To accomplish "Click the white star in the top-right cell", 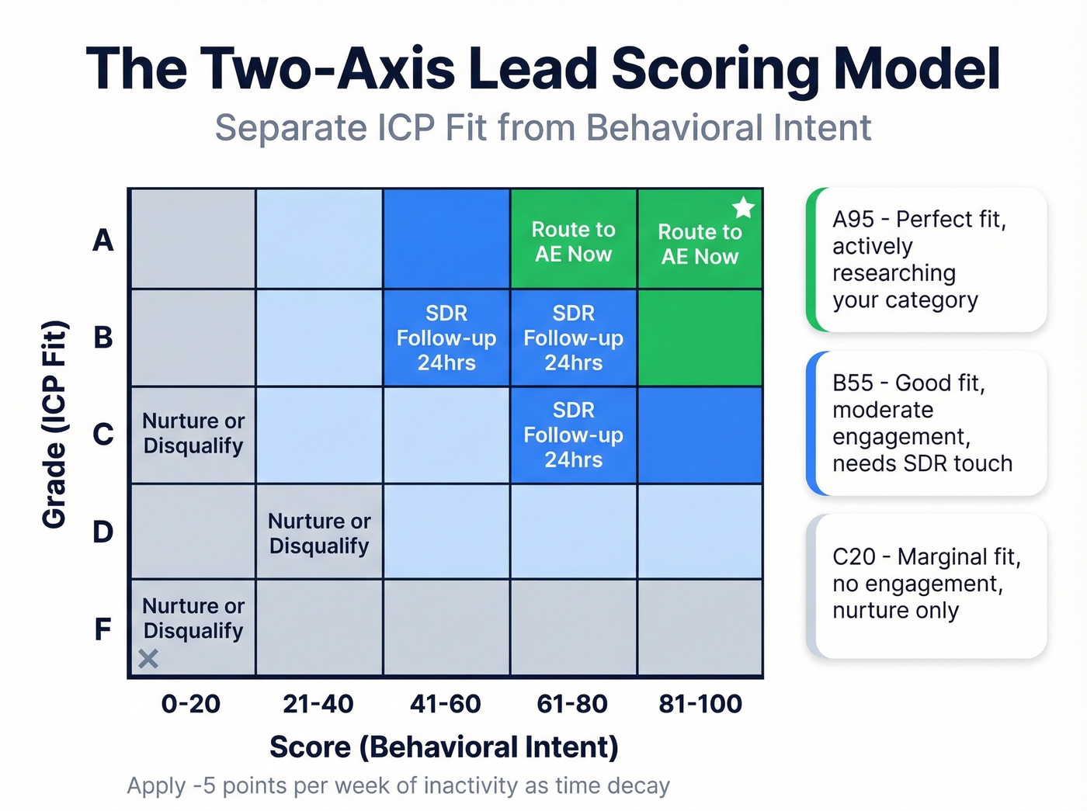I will (743, 207).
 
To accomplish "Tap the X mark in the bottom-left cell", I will (148, 659).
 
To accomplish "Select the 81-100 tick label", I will (700, 704).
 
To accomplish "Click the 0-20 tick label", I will (191, 704).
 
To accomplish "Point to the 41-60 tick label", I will (446, 704).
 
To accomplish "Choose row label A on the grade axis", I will (103, 241).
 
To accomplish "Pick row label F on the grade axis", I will (103, 629).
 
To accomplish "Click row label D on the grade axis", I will (103, 532).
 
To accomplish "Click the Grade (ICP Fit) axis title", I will (54, 425).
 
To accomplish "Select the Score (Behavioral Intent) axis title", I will (444, 747).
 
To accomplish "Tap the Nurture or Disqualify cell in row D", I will (319, 533).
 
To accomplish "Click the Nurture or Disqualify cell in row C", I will (193, 433).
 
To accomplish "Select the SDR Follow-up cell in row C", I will (573, 435).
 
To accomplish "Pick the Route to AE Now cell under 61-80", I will (573, 241).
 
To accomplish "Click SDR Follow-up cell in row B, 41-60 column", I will (446, 338).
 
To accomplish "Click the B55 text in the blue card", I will (853, 383).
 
